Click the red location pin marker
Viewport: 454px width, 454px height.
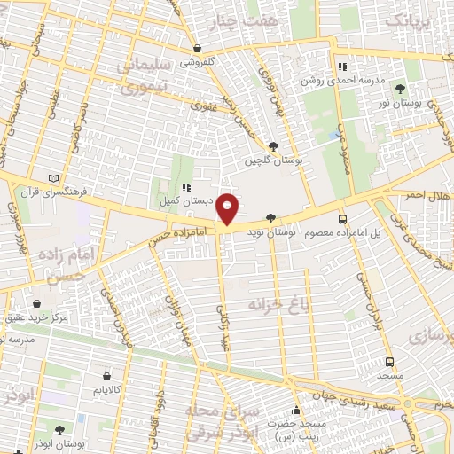coord(228,209)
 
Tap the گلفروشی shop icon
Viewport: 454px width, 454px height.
coord(197,49)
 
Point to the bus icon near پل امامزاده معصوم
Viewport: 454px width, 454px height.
coord(342,219)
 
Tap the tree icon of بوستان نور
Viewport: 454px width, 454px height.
coord(401,88)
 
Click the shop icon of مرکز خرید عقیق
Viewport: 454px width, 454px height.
coord(35,302)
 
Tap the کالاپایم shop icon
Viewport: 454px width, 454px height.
coord(107,376)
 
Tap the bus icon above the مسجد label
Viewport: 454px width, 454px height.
coord(389,362)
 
